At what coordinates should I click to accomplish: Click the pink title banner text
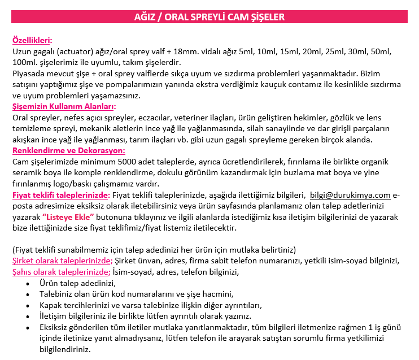[209, 17]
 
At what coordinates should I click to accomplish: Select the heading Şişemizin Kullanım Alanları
[64, 106]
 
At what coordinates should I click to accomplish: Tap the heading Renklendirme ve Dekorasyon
[68, 151]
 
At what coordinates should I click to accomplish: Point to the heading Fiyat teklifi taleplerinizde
[61, 195]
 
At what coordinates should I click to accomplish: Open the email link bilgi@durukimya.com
[350, 195]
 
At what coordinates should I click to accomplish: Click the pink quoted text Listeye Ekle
[67, 217]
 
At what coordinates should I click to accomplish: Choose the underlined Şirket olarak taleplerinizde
[61, 261]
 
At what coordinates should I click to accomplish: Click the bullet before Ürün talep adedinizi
[28, 283]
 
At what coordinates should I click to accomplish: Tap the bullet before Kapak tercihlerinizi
[28, 305]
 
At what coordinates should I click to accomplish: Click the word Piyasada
[29, 73]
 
